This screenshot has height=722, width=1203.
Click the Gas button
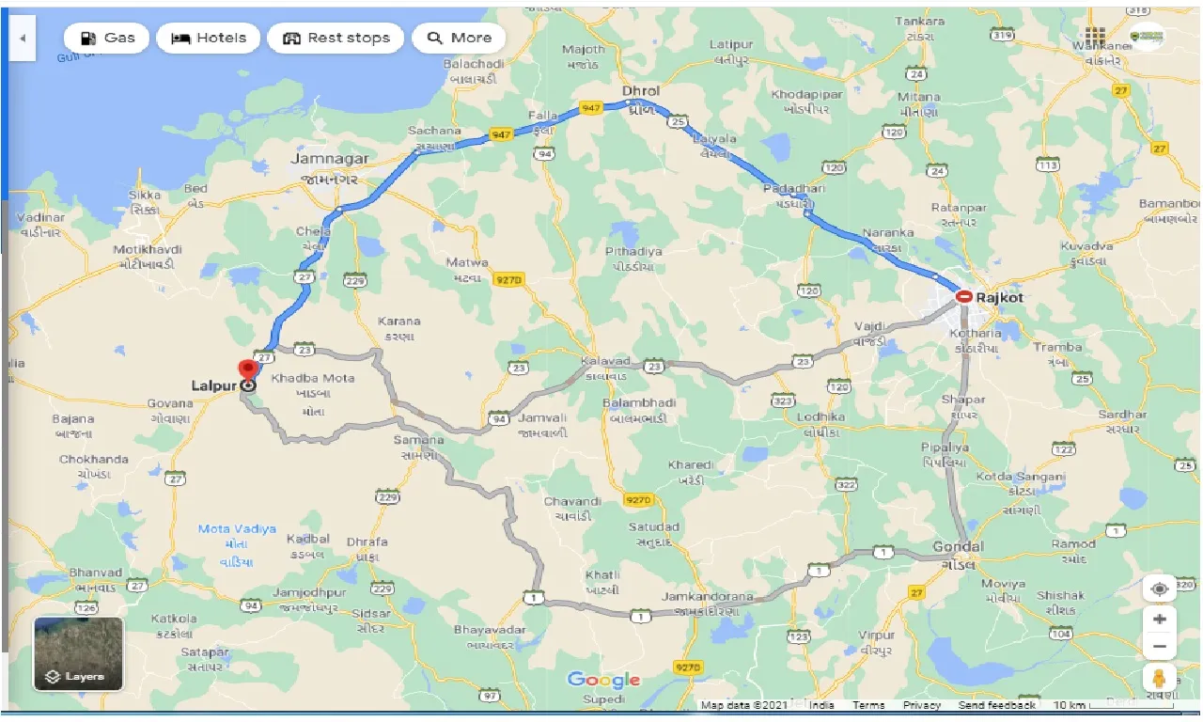(x=108, y=39)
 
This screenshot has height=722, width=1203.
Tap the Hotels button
(x=209, y=39)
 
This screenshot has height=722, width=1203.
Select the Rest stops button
(x=336, y=39)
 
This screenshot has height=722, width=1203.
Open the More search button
(x=459, y=39)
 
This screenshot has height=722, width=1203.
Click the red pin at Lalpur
(x=248, y=369)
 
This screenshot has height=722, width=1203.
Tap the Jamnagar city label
(x=330, y=159)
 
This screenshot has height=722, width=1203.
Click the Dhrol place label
(x=641, y=91)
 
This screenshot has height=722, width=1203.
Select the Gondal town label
(x=958, y=547)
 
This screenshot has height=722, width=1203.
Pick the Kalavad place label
(x=603, y=360)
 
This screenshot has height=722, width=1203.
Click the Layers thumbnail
(x=78, y=653)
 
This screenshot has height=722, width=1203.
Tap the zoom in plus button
(x=1160, y=620)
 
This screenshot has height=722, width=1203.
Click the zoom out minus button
(x=1160, y=647)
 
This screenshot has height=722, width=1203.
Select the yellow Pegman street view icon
(x=1160, y=679)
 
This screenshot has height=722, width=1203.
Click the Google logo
(x=603, y=680)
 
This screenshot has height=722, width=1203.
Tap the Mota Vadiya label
(x=237, y=529)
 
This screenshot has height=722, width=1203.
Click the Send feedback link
(x=997, y=705)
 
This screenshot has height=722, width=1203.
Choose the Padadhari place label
(x=794, y=189)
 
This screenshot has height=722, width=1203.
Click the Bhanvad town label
(x=96, y=572)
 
